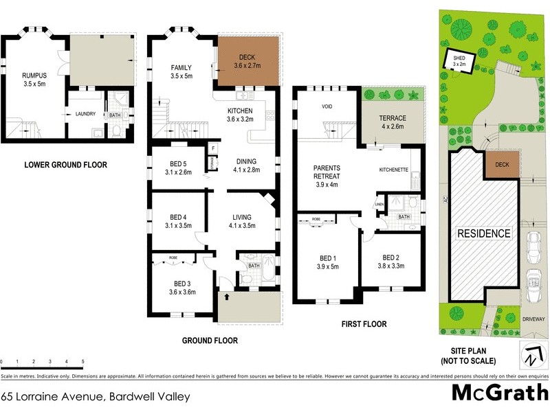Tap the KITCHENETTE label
click(395, 168)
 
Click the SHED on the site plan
click(459, 62)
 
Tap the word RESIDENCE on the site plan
click(484, 233)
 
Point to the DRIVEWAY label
click(533, 319)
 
